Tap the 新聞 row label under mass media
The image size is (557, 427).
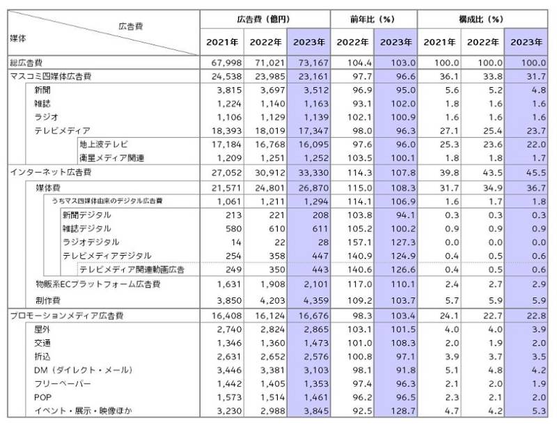click(42, 91)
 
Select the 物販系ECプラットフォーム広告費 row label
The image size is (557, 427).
click(97, 285)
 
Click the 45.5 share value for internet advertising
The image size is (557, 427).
click(529, 171)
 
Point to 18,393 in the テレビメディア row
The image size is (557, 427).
click(223, 131)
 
